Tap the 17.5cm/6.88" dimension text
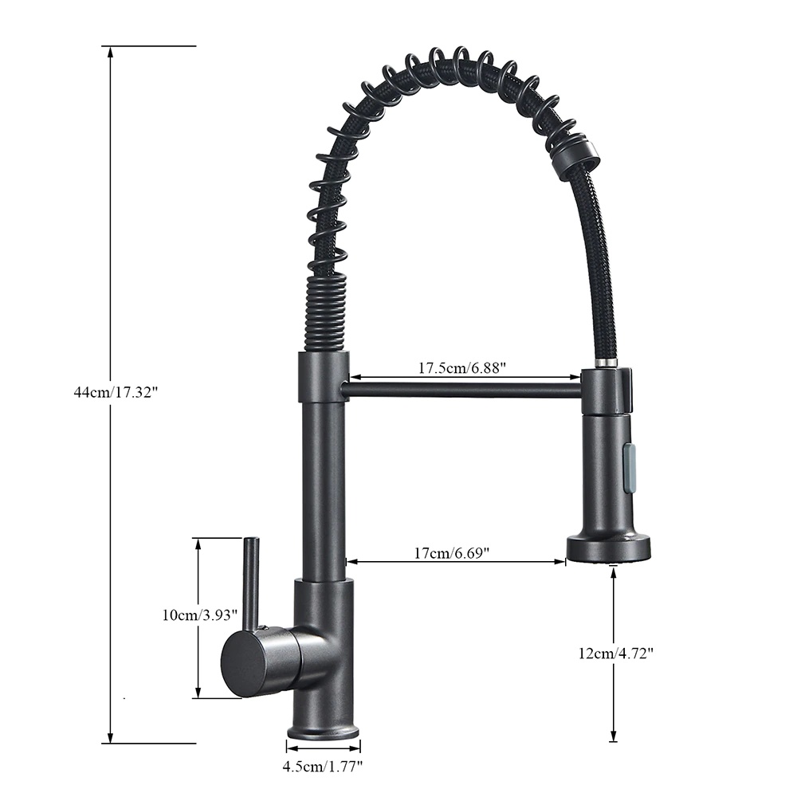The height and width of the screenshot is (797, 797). [x=462, y=367]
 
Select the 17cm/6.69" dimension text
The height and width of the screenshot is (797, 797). [x=452, y=552]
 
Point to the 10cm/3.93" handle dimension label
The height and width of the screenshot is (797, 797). [x=200, y=615]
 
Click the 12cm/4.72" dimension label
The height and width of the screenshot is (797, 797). [x=615, y=654]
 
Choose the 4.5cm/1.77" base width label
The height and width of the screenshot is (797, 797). [x=323, y=767]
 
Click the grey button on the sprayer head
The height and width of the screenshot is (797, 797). [x=629, y=467]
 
